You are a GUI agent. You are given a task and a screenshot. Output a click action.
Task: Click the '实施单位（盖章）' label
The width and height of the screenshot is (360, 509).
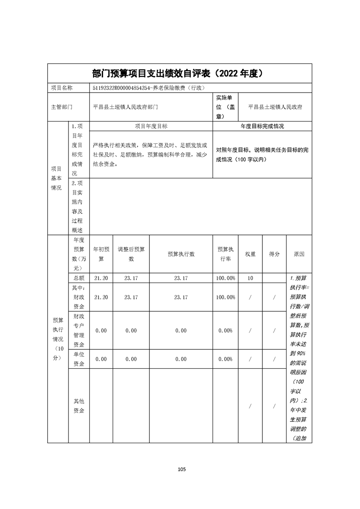point(226,107)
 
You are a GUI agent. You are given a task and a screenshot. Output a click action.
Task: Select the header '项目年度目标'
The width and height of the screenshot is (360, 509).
point(151,126)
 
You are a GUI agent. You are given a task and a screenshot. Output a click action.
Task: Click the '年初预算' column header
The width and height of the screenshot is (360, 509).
point(101,254)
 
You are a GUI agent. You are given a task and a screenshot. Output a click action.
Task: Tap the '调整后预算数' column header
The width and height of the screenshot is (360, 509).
point(131,254)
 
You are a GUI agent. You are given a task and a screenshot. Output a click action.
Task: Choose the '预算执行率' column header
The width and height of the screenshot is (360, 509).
point(226,254)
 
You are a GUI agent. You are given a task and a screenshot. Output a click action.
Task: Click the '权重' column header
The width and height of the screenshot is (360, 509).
point(250,254)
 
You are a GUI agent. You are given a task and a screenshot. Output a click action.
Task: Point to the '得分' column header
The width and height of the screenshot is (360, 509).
point(274,254)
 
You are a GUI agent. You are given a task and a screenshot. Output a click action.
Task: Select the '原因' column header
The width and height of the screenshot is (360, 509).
point(299,254)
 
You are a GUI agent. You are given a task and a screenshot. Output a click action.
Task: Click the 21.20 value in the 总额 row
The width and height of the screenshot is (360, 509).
point(101,278)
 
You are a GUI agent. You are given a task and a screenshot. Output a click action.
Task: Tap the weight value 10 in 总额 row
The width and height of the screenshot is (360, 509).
point(250,278)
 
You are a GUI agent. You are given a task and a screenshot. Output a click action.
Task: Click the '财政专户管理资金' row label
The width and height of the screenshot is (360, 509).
point(79,330)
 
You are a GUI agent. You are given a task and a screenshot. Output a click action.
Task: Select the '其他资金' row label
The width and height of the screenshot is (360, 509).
point(79,406)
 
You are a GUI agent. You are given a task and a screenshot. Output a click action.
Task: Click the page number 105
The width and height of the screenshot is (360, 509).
point(180,470)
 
